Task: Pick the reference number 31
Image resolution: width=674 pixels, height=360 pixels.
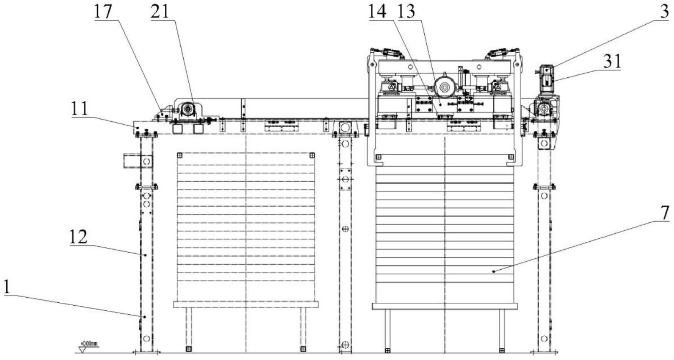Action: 612,62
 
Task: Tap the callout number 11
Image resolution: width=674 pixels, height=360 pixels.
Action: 79,109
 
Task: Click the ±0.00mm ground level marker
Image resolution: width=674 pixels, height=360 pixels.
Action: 88,345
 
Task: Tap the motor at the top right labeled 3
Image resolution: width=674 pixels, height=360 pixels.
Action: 546,78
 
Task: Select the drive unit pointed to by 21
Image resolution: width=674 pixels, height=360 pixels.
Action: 187,110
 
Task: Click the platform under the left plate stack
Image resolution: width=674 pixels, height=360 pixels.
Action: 246,304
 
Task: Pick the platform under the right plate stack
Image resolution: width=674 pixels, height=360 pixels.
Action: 445,306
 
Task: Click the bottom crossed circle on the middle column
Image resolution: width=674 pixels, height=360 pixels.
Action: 345,345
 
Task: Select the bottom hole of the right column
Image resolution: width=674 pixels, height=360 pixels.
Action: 544,338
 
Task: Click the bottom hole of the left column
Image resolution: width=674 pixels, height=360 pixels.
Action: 146,338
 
